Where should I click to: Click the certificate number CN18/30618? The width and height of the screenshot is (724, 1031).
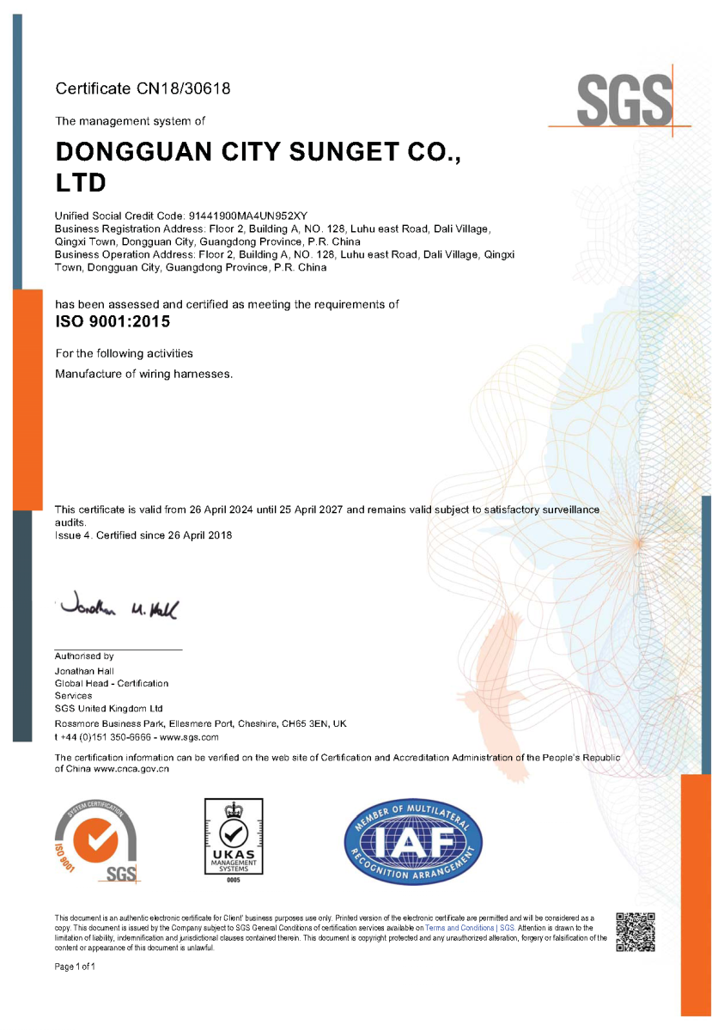pos(182,88)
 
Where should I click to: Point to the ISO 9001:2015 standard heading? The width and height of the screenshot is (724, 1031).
pos(113,323)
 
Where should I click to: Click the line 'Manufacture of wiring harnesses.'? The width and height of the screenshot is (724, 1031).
pos(143,374)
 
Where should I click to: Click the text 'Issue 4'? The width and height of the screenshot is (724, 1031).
pos(72,535)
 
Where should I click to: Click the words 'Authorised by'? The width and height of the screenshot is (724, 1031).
pos(84,656)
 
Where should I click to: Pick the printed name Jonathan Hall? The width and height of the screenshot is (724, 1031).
pos(84,671)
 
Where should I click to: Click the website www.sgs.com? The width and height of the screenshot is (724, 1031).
pos(189,737)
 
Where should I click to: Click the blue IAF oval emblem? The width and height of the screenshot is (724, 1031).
pos(413,843)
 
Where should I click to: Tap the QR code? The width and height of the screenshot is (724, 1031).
pos(636,932)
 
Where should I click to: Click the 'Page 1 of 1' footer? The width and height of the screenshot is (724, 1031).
pos(75,967)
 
